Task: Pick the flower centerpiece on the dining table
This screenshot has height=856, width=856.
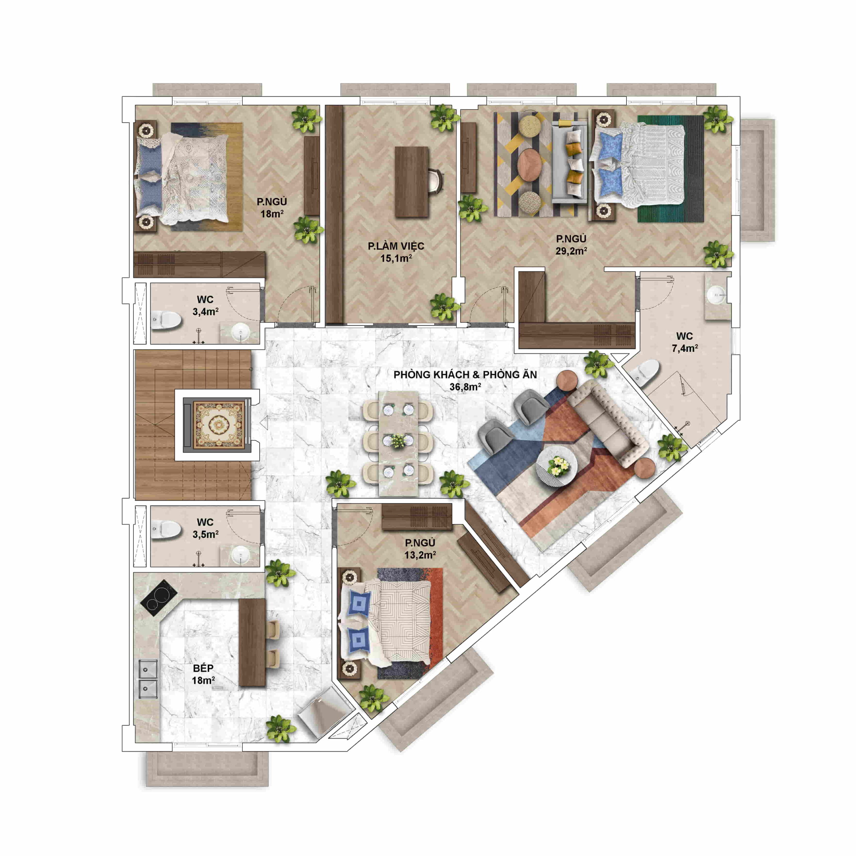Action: click(x=398, y=441)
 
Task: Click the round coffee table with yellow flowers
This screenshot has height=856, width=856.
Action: click(x=556, y=467)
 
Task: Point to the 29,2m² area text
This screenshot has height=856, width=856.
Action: click(x=571, y=251)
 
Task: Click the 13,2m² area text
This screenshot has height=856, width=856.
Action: click(x=420, y=555)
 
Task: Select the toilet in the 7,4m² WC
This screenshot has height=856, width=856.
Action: click(x=644, y=371)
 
